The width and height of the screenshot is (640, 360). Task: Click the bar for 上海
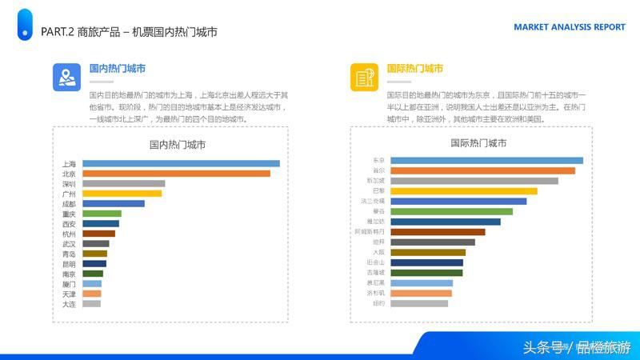(181, 163)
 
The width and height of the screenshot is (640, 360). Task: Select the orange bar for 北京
(176, 174)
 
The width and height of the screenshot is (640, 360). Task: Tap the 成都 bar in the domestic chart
(114, 203)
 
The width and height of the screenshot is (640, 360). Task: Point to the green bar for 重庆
(102, 214)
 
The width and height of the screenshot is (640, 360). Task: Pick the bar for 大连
(91, 304)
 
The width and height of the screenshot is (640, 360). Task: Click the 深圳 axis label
(69, 184)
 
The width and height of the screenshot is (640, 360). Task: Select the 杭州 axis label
(69, 234)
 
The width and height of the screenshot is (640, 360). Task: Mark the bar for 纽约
(419, 303)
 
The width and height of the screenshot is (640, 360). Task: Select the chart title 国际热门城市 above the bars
(478, 143)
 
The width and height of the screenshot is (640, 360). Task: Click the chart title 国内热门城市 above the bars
(177, 145)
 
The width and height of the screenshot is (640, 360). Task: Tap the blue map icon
(66, 77)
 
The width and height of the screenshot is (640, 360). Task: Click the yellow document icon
(364, 77)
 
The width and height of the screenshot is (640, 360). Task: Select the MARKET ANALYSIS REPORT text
(569, 27)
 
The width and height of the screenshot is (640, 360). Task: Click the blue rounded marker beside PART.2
(25, 25)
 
